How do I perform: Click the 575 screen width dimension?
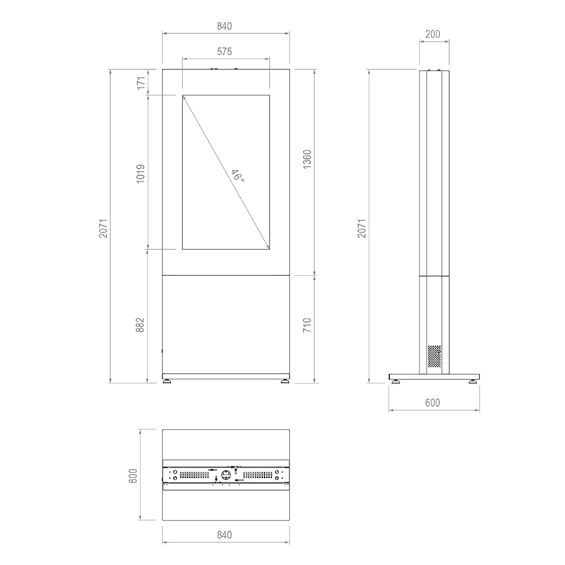click(x=225, y=52)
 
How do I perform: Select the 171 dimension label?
click(x=141, y=82)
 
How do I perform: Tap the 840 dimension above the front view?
click(x=225, y=26)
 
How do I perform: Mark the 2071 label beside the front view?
click(x=104, y=226)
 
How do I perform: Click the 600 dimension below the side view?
click(x=433, y=403)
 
